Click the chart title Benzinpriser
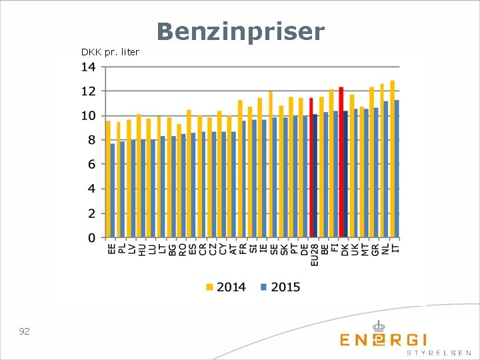241,32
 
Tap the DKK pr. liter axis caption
110,53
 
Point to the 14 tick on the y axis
88,67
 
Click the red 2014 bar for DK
341,162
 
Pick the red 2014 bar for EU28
311,168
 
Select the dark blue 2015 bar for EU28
315,176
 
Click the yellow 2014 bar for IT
393,159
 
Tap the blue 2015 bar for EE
113,191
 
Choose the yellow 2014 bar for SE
271,165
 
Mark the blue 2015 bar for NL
386,169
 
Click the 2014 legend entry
226,287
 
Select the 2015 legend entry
281,287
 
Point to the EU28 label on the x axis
315,255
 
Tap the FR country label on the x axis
243,249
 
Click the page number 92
25,331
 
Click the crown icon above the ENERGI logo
379,326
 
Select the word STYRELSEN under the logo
439,353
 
